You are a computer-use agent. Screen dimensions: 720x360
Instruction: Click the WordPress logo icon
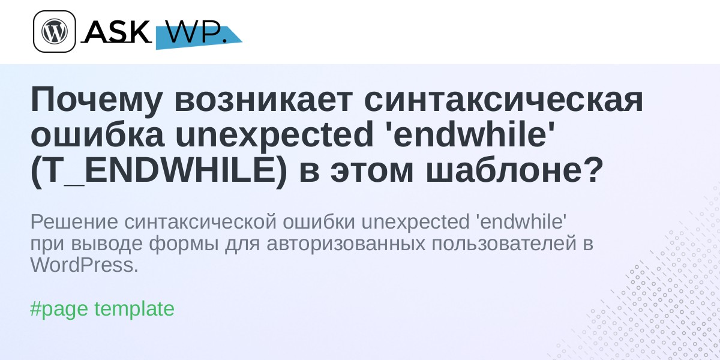(x=55, y=31)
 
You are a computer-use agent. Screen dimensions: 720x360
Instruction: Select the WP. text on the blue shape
(x=196, y=32)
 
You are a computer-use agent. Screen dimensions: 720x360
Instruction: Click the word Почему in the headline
(x=96, y=101)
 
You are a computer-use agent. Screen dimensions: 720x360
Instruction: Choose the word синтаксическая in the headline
(x=503, y=100)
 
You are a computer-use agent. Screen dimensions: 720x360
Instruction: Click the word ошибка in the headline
(x=98, y=134)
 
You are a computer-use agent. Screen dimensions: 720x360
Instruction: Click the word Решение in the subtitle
(x=74, y=222)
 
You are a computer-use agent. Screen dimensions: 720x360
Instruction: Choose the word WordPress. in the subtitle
(x=85, y=265)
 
